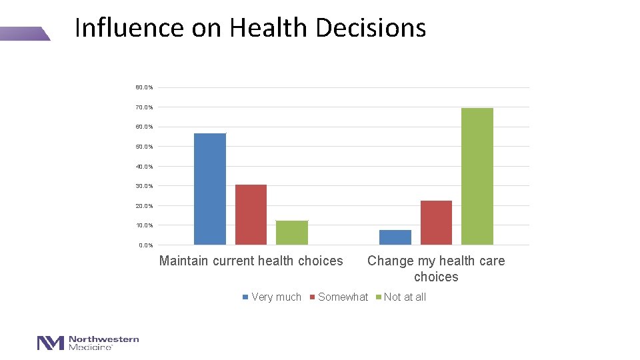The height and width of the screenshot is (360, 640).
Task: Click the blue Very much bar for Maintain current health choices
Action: point(210,189)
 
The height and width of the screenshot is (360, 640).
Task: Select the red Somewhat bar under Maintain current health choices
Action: point(251,215)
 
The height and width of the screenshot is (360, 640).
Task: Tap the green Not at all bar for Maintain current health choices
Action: point(292,233)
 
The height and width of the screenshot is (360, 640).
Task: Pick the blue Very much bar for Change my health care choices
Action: point(395,237)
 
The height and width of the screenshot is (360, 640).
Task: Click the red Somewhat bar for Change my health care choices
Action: point(436,223)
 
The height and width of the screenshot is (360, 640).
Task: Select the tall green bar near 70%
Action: point(477,177)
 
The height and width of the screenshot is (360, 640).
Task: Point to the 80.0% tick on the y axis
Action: point(144,87)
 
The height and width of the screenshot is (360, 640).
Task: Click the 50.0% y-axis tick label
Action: point(144,147)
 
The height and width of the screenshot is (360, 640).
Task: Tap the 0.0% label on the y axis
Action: point(145,245)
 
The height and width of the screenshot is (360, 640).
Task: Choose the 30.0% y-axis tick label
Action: point(144,186)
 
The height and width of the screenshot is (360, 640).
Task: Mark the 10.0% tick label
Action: point(144,225)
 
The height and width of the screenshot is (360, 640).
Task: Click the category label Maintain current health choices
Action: point(251,261)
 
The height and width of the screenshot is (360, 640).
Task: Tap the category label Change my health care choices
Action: point(436,269)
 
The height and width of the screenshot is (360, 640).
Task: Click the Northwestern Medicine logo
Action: point(88,343)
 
